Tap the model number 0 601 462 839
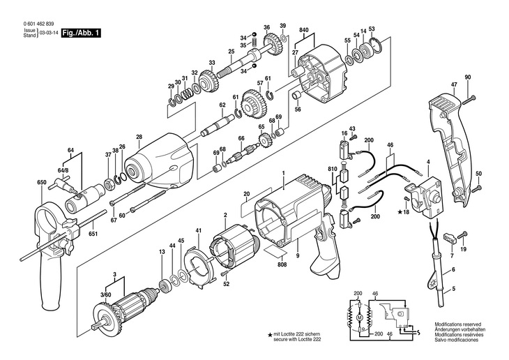click(x=38, y=24)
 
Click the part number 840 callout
click(x=304, y=30)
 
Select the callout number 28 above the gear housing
click(x=139, y=137)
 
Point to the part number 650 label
click(x=42, y=182)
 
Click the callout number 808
click(x=282, y=264)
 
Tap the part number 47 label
click(x=454, y=84)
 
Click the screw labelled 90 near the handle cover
click(x=469, y=100)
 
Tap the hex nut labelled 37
click(x=108, y=185)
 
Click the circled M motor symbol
click(x=359, y=317)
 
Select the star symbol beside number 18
click(x=400, y=212)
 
